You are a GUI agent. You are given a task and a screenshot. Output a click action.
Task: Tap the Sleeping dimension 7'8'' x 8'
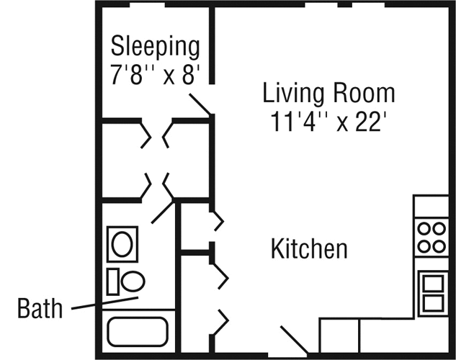(x=156, y=74)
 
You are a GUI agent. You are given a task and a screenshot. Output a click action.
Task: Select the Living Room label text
(x=329, y=92)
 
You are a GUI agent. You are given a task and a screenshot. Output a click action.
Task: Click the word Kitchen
(x=309, y=248)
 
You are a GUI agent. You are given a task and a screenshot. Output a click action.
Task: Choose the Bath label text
(x=40, y=308)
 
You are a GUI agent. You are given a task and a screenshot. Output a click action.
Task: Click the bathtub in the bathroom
(x=138, y=332)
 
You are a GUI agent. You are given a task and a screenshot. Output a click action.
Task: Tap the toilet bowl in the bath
(x=133, y=282)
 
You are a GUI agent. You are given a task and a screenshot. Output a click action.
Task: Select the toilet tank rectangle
(x=113, y=282)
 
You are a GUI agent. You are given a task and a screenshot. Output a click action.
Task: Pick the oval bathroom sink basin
(x=122, y=244)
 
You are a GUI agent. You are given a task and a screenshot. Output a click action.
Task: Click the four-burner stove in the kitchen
(x=432, y=238)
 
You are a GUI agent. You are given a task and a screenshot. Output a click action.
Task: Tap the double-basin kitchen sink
(x=434, y=294)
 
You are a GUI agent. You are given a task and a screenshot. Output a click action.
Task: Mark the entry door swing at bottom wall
(x=295, y=340)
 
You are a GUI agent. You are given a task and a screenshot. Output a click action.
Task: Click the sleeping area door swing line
(x=200, y=104)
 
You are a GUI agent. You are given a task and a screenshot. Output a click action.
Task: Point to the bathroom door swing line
(x=163, y=212)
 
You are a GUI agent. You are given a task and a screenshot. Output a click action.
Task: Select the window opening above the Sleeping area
(x=147, y=5)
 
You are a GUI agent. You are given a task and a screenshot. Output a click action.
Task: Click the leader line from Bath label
(x=104, y=303)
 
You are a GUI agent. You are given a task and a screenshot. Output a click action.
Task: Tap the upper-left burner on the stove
(x=424, y=228)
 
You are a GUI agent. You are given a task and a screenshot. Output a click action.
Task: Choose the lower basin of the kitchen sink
(x=434, y=303)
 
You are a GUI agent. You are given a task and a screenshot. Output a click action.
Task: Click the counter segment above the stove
(x=432, y=207)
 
